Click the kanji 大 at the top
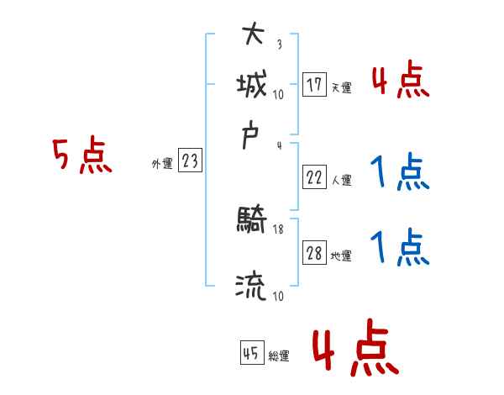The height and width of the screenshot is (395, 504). point(252,35)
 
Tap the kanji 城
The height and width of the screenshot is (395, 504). point(252,84)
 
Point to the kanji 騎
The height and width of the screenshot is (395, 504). point(252,223)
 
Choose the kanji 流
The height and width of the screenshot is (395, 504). point(252,287)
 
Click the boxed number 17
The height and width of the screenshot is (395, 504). point(314,85)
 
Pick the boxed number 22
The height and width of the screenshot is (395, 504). point(314,178)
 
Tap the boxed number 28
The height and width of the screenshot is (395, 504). point(314,254)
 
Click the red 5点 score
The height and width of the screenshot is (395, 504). point(81,156)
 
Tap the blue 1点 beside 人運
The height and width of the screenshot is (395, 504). point(400,173)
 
